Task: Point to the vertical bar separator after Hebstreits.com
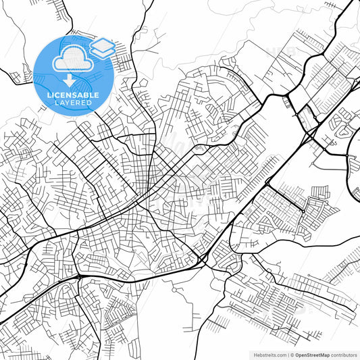pyautogui.click(x=286, y=354)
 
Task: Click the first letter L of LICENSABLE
pyautogui.click(x=49, y=95)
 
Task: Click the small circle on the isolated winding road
pyautogui.click(x=174, y=290)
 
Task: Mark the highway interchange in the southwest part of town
pyautogui.click(x=80, y=276)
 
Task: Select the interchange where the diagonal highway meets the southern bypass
pyautogui.click(x=203, y=260)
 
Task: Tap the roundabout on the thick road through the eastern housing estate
pyautogui.click(x=303, y=211)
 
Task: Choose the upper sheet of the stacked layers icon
pyautogui.click(x=101, y=44)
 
